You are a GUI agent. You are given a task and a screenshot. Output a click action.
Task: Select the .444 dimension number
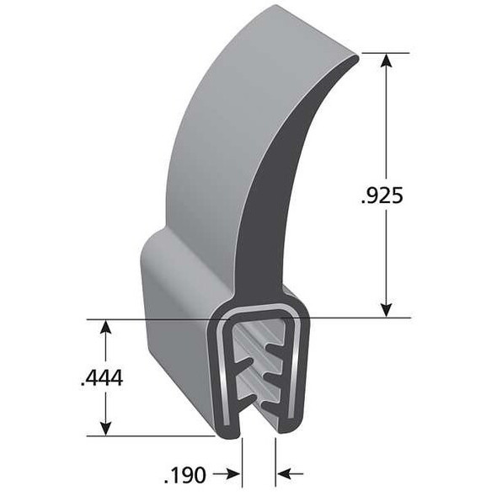102,378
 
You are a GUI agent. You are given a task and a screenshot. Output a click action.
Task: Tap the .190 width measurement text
184,475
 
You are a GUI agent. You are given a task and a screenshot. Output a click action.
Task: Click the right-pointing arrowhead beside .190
235,474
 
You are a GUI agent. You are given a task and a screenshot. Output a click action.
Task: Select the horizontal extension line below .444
152,436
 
